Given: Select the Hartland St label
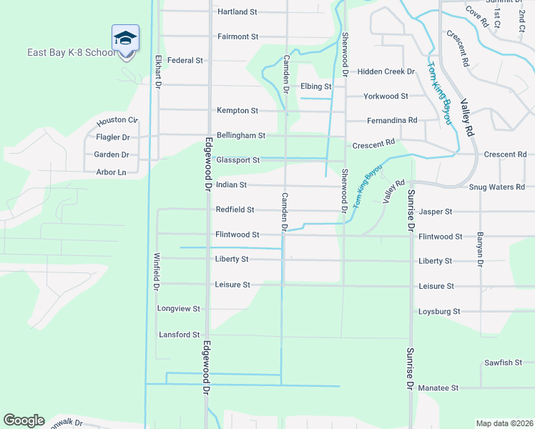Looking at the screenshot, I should (237, 12).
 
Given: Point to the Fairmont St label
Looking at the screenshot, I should (237, 36).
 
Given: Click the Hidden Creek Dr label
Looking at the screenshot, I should (386, 71).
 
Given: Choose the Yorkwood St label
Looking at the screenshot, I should (386, 96).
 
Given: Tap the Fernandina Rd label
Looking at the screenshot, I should (392, 120).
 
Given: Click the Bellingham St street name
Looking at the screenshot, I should (241, 135).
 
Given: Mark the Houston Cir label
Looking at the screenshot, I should (117, 120).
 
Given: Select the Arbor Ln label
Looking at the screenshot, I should (111, 172).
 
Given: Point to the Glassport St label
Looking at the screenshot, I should (237, 160).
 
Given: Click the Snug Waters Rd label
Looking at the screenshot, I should (497, 187).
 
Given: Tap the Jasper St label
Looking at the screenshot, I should (436, 212).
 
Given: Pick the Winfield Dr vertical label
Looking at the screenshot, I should (156, 271).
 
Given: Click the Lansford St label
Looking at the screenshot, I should (179, 335).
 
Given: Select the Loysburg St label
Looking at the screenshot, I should (439, 312).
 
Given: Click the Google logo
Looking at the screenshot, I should (24, 420).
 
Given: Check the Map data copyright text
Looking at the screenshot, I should (504, 423).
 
